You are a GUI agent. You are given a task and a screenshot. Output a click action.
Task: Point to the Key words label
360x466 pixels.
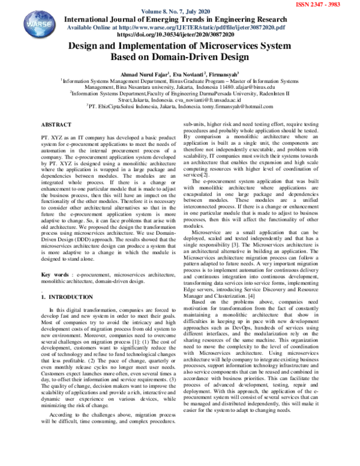pos(54,275)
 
